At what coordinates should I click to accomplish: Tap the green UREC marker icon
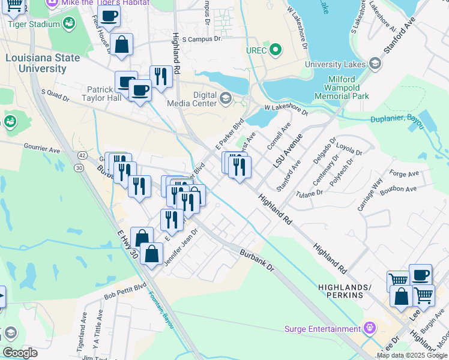(276, 49)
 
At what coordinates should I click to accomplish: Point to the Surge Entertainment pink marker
(370, 328)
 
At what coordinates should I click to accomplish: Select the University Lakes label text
(335, 64)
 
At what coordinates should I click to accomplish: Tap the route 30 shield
(79, 169)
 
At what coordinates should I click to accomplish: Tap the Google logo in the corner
(20, 353)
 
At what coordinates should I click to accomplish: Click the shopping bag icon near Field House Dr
(121, 45)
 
